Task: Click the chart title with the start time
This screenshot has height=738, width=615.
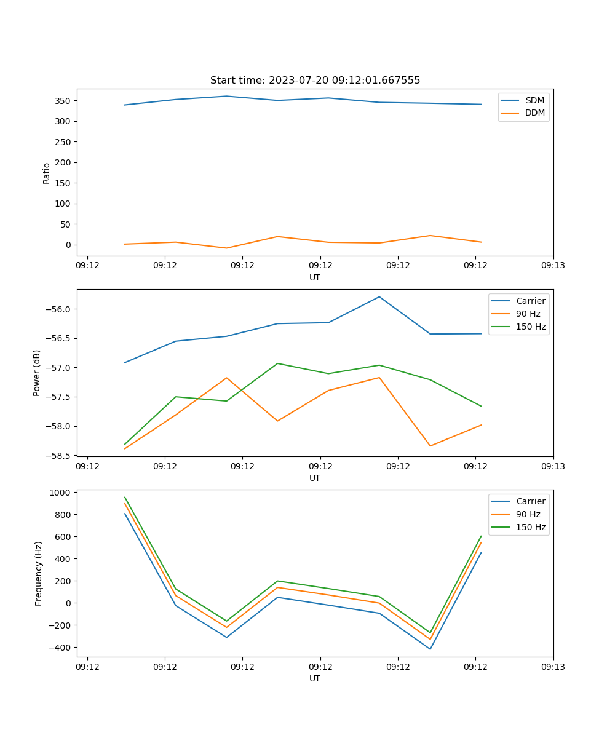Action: pyautogui.click(x=315, y=81)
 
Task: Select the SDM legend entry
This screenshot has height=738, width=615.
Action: pyautogui.click(x=534, y=100)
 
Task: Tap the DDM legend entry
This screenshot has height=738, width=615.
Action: pyautogui.click(x=534, y=113)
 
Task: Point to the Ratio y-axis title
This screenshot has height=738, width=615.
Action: pyautogui.click(x=46, y=173)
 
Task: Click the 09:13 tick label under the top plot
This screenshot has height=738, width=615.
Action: pyautogui.click(x=553, y=266)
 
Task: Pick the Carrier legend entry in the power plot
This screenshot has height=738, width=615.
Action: pyautogui.click(x=531, y=301)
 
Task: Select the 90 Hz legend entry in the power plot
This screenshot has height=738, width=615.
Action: pyautogui.click(x=528, y=314)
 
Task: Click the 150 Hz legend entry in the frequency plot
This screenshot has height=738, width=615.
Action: pyautogui.click(x=531, y=527)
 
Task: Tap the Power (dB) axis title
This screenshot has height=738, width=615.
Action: pyautogui.click(x=37, y=373)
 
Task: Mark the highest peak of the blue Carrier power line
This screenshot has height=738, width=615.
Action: pyautogui.click(x=379, y=296)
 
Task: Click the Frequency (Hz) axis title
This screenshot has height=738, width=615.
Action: pyautogui.click(x=38, y=573)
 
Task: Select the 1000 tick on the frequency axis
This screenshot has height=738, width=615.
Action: pyautogui.click(x=60, y=493)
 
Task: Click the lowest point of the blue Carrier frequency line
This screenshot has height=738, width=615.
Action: pyautogui.click(x=430, y=649)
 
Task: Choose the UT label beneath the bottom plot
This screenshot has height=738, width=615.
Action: pyautogui.click(x=315, y=678)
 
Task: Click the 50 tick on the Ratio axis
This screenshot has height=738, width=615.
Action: pyautogui.click(x=65, y=224)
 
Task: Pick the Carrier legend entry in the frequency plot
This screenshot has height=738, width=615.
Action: pyautogui.click(x=531, y=501)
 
